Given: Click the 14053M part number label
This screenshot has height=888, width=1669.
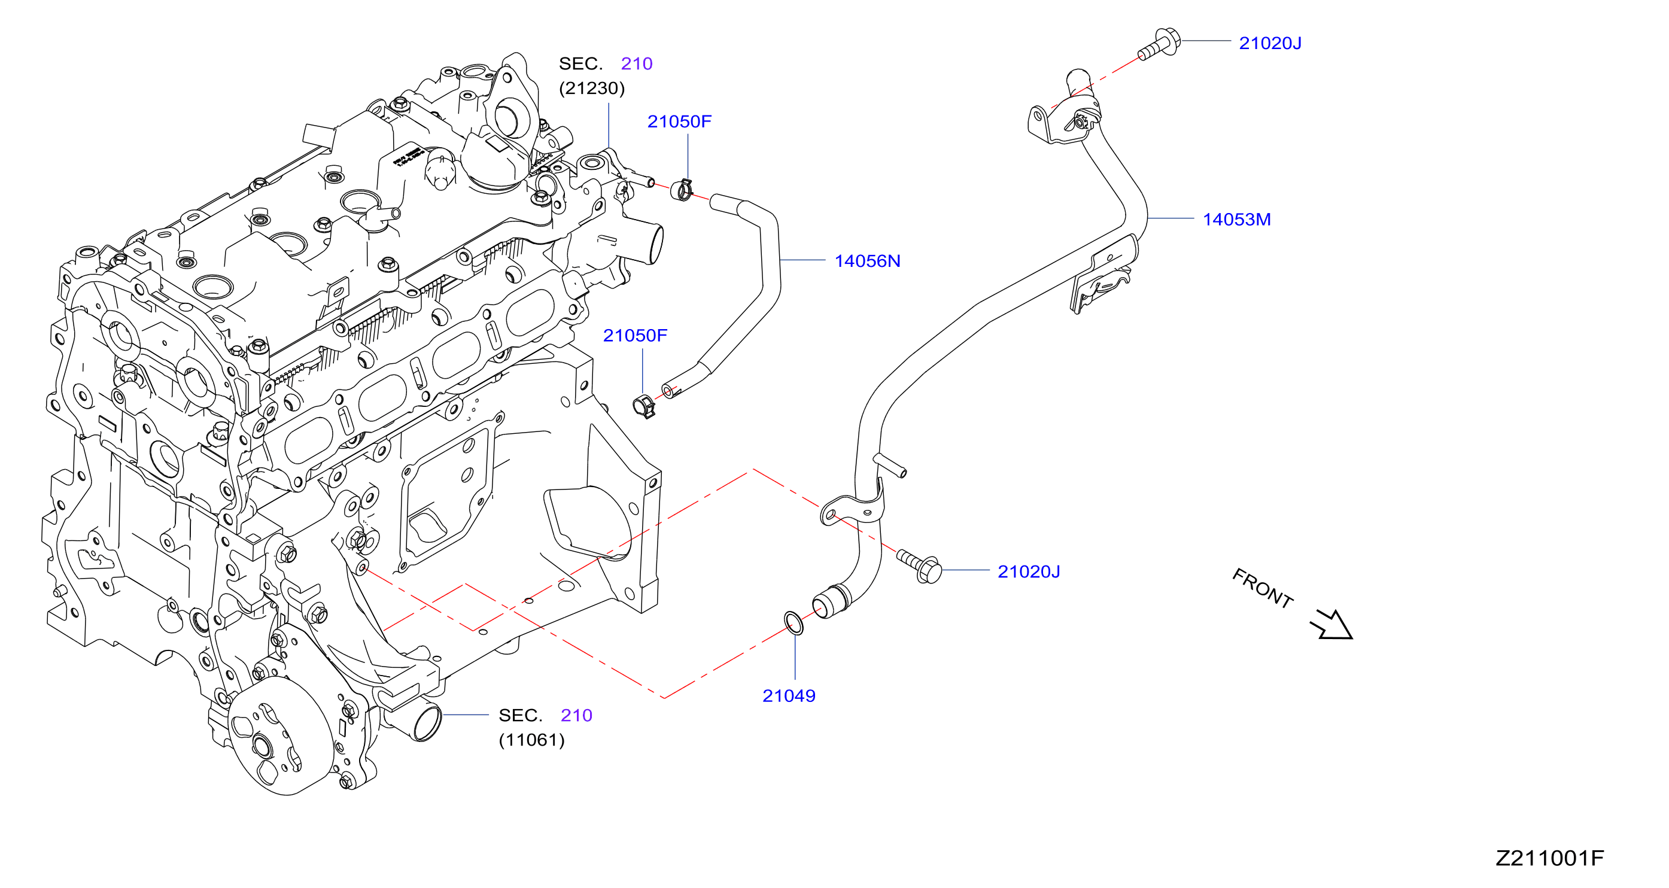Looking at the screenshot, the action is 1236,220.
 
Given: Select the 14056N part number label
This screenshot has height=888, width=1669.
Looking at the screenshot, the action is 867,261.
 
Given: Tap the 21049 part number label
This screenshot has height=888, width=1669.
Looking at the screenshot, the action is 789,696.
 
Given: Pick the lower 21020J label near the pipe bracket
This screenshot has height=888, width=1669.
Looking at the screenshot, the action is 1028,571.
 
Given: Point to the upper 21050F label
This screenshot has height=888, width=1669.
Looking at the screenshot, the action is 679,121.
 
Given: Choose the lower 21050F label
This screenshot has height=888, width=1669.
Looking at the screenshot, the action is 635,336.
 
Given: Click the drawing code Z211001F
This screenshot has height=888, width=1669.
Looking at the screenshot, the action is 1549,858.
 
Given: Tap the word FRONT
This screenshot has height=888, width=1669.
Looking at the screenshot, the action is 1262,588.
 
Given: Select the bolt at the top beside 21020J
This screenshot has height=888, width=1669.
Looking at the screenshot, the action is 1159,44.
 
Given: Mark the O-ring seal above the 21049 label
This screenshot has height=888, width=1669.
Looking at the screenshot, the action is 794,622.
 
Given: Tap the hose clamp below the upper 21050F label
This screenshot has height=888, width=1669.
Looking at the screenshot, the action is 682,190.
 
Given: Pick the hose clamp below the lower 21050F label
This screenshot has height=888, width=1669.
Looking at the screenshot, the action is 644,406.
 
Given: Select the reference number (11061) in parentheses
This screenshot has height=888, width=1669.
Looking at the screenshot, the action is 531,740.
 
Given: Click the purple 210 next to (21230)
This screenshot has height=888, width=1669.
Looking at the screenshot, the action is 636,63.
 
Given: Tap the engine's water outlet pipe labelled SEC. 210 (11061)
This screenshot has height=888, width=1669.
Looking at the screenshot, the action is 418,719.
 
